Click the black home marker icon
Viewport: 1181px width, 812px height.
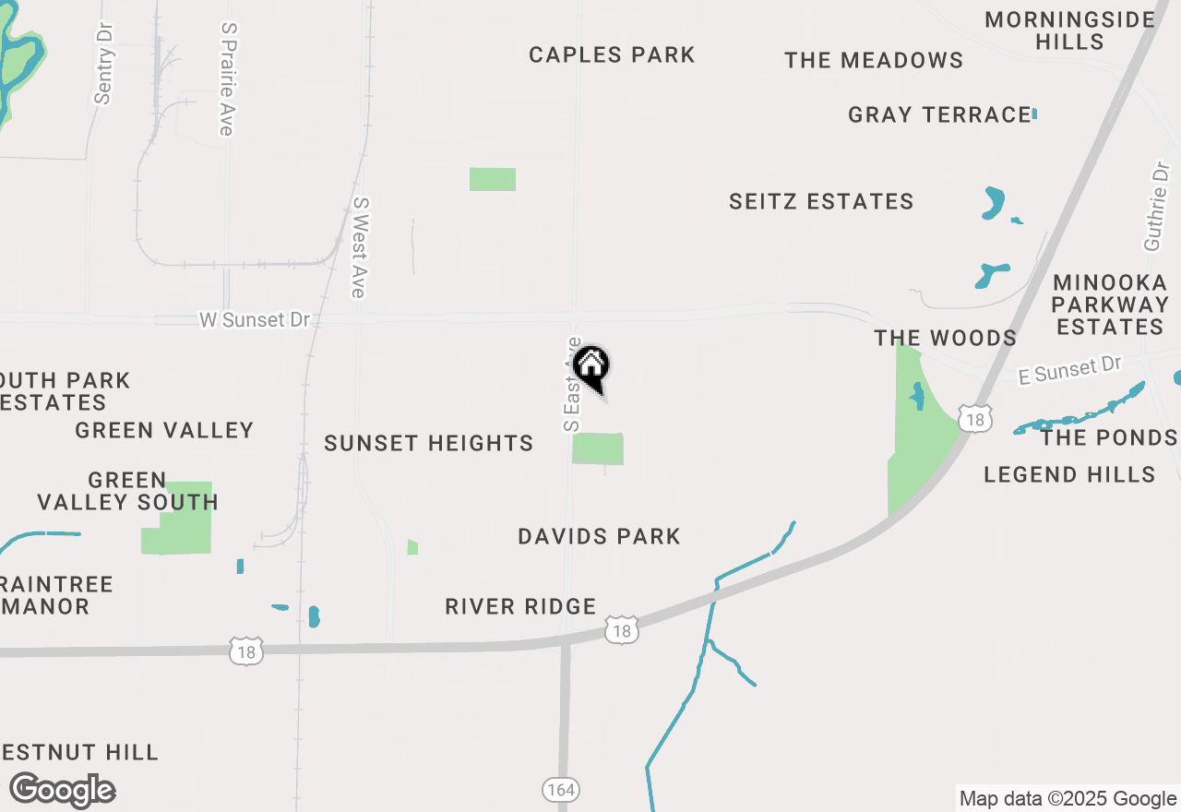(x=590, y=367)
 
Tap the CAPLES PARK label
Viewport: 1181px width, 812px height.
(x=612, y=55)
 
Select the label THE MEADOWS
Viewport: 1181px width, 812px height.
(x=874, y=61)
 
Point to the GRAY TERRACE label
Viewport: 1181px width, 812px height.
(x=939, y=115)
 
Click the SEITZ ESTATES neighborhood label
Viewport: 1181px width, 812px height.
(x=821, y=202)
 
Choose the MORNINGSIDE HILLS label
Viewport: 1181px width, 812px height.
(x=1069, y=30)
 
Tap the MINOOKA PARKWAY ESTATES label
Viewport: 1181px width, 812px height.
(x=1111, y=304)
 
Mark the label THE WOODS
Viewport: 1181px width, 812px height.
(x=945, y=339)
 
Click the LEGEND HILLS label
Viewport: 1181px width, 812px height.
(x=1069, y=475)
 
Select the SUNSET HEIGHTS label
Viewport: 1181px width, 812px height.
(x=429, y=444)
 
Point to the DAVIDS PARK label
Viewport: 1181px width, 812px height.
(x=599, y=537)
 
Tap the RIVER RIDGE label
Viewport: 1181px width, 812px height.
(x=520, y=607)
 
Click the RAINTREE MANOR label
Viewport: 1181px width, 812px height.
(x=56, y=596)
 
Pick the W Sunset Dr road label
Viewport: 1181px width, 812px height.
(x=255, y=320)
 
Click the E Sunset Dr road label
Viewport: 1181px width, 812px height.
(x=1069, y=371)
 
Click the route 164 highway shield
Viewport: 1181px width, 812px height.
(x=559, y=790)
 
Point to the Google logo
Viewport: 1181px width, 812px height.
(x=62, y=790)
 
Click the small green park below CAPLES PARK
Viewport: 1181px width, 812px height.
(x=493, y=179)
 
